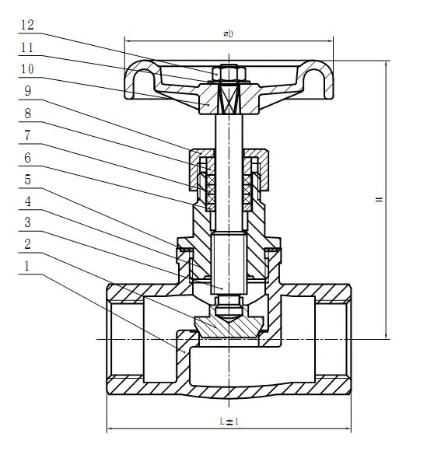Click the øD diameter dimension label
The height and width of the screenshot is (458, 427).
[228, 34]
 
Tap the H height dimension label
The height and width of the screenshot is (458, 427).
[379, 200]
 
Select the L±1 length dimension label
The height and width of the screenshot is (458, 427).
[228, 421]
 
